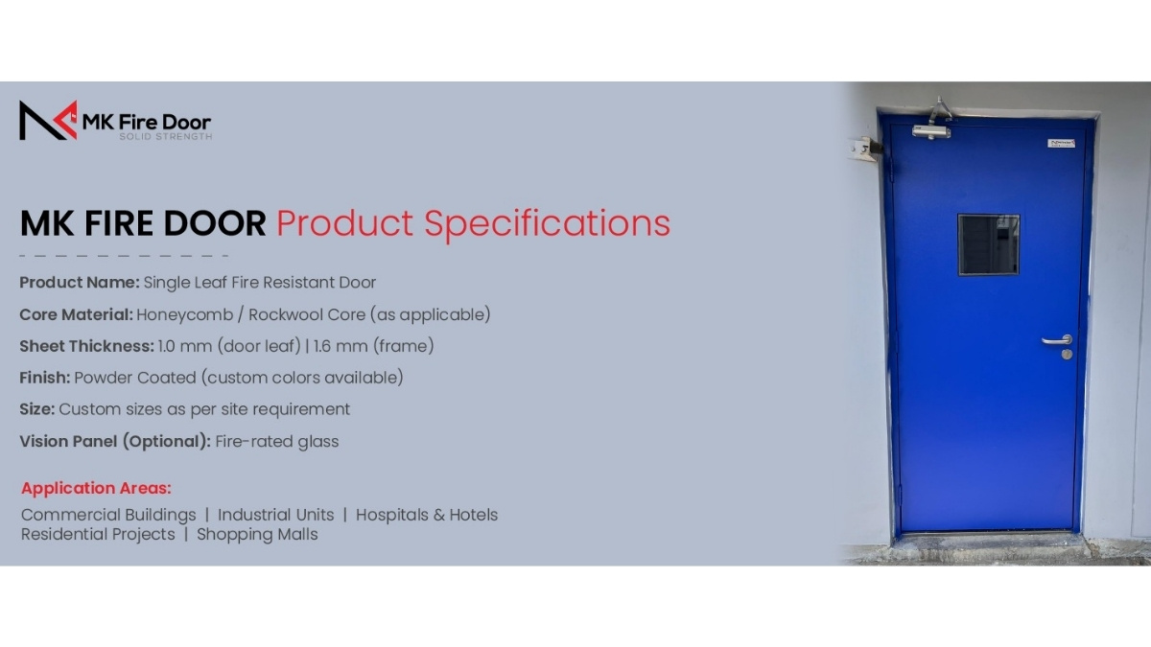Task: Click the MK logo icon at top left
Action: pos(48,120)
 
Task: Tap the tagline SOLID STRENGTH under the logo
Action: pos(165,136)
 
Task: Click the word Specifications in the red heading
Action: pos(547,224)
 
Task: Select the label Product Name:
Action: pos(80,283)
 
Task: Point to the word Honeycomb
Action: pos(184,314)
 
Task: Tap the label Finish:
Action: pos(45,378)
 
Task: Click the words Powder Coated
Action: pos(135,378)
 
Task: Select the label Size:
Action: pos(37,409)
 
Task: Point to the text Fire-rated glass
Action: pos(277,441)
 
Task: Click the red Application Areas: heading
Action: pos(96,488)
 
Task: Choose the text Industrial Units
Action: pos(276,515)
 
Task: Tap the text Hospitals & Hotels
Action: pos(427,515)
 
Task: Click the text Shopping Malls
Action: pos(257,535)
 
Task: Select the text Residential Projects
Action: pos(98,535)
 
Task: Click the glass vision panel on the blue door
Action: pos(989,245)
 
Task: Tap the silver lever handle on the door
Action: pos(1056,340)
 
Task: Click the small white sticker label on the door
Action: pos(1062,143)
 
